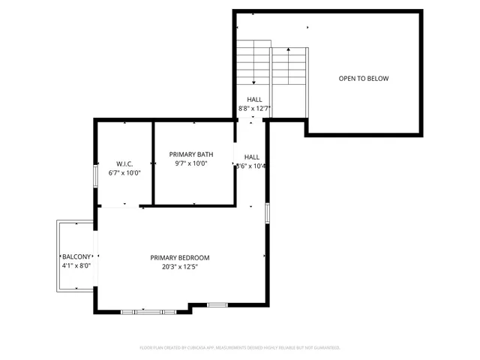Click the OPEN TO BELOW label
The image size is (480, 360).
363,79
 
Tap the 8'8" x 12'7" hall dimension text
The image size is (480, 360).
254,109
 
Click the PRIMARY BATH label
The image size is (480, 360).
191,154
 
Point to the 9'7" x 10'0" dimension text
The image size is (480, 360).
191,163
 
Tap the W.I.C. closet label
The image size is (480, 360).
124,163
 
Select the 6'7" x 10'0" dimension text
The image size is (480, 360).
124,172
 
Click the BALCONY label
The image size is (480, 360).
76,256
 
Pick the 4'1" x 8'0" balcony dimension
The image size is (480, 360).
76,265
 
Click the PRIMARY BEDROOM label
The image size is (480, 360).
179,258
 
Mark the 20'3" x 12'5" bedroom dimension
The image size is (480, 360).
179,267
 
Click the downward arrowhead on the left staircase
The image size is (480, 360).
254,82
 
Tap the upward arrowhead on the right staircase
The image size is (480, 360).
288,51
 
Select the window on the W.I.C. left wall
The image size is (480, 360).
94,175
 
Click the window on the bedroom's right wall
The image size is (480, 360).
266,212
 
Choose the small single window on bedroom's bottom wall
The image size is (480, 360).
217,304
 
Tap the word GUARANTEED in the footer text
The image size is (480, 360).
324,348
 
